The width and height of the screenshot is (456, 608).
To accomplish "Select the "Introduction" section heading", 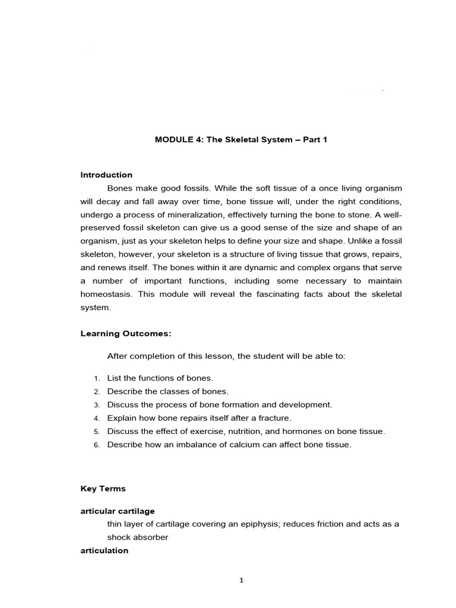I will [106, 175].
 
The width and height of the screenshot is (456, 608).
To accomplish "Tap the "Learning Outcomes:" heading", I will [126, 334].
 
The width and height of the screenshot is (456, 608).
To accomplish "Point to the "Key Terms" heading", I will [103, 489].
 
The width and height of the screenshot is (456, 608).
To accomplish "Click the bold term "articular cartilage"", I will [118, 511].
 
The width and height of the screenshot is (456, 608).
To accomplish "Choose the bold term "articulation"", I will [104, 550].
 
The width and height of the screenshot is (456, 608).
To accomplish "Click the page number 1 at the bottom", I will [241, 581].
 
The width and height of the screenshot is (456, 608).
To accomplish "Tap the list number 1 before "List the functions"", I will [96, 378].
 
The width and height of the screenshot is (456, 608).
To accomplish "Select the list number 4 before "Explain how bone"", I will [96, 419].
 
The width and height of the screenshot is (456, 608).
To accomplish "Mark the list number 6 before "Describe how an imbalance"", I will [96, 445].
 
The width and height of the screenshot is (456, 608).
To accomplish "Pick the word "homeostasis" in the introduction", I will [104, 294].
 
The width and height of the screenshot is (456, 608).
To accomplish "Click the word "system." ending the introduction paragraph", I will [96, 308].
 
